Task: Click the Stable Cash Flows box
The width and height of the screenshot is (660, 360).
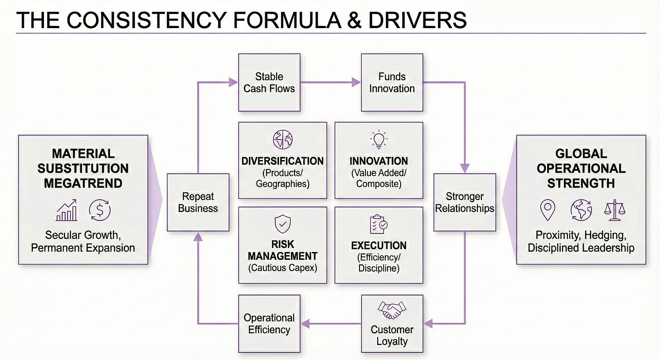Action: (269, 83)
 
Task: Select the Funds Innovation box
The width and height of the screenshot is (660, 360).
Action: (392, 83)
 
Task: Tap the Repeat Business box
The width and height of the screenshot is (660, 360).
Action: (198, 203)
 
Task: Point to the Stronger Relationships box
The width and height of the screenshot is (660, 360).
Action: (465, 203)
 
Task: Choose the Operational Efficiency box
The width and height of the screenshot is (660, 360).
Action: (269, 324)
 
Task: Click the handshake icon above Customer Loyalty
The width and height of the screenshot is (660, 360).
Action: (392, 311)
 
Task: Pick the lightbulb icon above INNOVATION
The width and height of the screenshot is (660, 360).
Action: (379, 140)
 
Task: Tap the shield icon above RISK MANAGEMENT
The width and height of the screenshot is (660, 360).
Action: (282, 224)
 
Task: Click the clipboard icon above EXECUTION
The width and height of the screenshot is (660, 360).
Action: (379, 224)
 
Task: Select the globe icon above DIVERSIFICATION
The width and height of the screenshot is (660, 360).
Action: (282, 139)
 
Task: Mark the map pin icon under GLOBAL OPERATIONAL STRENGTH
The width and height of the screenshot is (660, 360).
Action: (548, 210)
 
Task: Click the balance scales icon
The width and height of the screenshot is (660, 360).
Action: (614, 210)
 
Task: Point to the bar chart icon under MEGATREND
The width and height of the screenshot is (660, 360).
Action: (67, 210)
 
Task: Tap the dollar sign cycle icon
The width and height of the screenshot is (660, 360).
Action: (100, 210)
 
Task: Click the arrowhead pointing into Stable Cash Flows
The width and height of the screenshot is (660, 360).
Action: (233, 82)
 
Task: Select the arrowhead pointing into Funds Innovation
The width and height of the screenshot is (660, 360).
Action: (356, 82)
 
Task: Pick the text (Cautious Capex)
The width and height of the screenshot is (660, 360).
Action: (282, 268)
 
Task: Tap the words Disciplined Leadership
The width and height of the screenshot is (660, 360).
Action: (581, 248)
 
